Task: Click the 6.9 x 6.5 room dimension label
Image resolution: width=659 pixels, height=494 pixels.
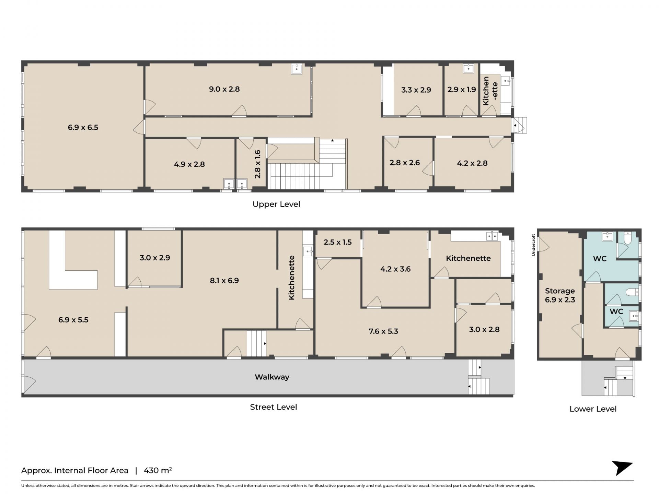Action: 83,128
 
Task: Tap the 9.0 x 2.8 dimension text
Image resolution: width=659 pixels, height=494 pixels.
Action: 224,89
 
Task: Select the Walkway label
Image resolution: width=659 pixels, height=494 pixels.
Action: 272,377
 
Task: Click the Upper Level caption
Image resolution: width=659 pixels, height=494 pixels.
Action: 276,204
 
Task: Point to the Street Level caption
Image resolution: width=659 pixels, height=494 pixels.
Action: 273,407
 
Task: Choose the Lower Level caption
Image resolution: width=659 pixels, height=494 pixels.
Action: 593,409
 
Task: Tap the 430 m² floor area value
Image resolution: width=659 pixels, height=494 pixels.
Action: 158,470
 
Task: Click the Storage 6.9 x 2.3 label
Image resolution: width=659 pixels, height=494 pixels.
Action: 560,295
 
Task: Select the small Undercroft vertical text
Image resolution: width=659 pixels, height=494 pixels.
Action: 533,245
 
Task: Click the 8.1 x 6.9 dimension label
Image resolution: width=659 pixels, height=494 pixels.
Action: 224,281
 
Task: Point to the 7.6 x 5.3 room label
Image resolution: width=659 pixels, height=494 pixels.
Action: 383,331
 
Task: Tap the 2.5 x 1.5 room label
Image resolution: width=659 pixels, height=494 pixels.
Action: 337,242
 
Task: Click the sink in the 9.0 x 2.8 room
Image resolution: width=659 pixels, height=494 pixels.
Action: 297,69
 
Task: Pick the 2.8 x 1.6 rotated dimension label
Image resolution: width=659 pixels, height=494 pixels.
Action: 257,164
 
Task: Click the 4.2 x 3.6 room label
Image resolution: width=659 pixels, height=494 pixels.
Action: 395,269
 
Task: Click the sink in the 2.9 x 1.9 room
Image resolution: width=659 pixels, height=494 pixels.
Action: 469,68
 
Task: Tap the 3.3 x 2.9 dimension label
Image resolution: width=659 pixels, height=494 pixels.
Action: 416,90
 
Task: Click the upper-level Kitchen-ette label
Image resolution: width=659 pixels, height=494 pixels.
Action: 490,91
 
